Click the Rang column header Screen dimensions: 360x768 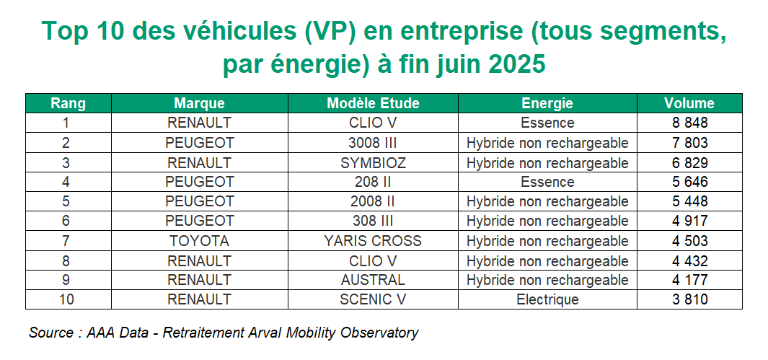click(68, 103)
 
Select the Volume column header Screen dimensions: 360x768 click(689, 103)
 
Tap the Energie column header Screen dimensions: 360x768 click(547, 103)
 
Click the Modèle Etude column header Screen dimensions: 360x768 click(373, 103)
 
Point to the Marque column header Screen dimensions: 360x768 click(199, 103)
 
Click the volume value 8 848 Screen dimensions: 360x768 click(689, 123)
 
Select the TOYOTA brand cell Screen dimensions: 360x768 click(199, 241)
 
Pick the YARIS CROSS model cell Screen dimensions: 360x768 click(373, 241)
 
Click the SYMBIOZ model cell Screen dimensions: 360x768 click(373, 162)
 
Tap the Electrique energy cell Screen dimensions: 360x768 click(547, 299)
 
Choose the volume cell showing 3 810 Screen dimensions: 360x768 click(689, 299)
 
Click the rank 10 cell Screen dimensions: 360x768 click(68, 299)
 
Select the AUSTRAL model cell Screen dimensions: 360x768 click(373, 280)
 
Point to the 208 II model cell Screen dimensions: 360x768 click(373, 182)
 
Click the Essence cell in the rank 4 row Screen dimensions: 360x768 click(547, 182)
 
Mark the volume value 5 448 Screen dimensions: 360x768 click(689, 201)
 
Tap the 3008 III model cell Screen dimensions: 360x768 click(373, 143)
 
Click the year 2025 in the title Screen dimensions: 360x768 click(516, 64)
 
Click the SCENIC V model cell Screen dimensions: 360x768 click(373, 299)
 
